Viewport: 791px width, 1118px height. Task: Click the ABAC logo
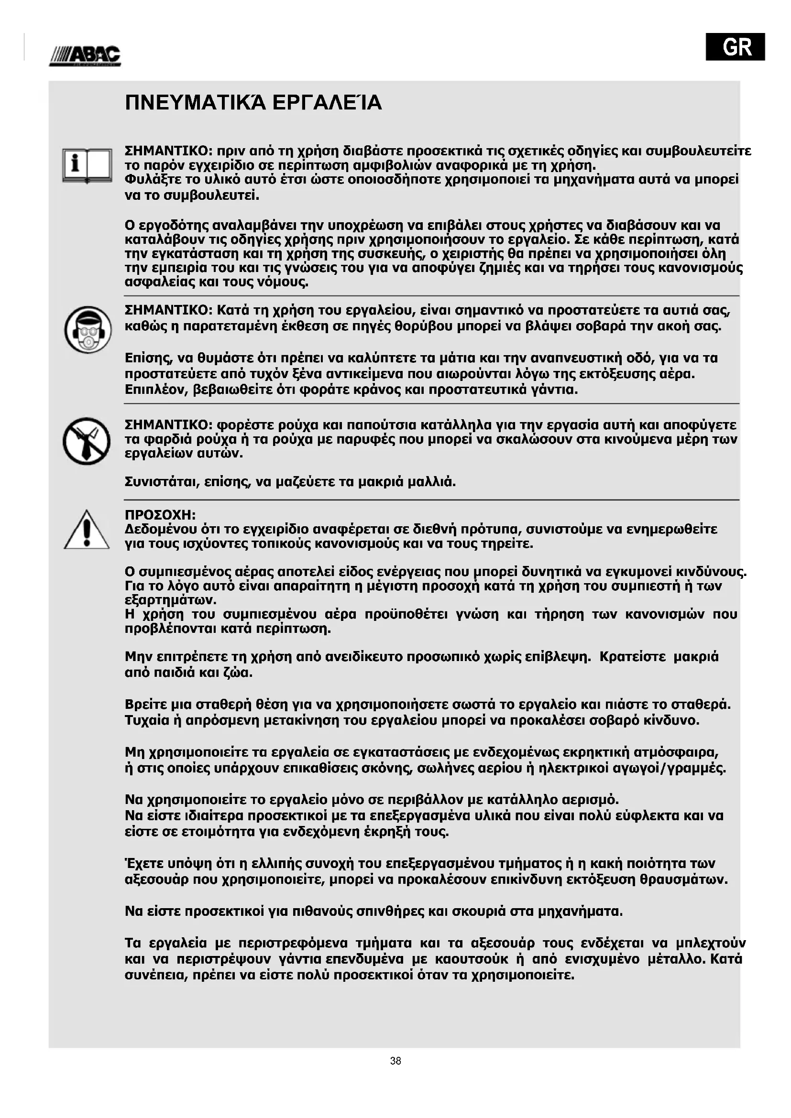85,56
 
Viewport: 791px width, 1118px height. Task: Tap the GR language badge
735,46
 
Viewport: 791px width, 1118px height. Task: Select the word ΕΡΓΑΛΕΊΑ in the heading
327,103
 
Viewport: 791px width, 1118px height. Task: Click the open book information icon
87,165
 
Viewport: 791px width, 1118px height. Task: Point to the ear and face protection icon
88,330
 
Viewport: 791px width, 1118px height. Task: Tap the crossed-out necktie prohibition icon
86,441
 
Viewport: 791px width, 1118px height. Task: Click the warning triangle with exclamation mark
87,530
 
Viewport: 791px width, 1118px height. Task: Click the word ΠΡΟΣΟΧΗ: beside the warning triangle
160,515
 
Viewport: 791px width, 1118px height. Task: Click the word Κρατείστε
632,657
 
